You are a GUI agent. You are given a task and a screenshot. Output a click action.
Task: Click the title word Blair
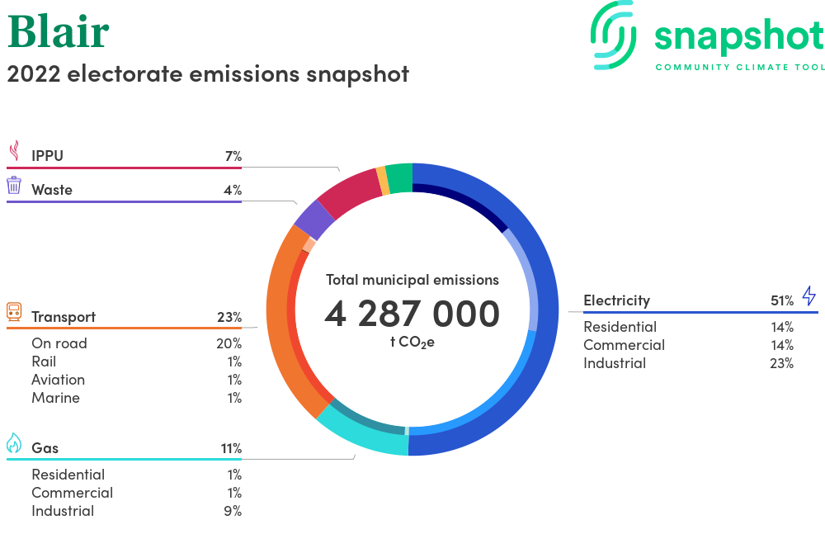coord(59,31)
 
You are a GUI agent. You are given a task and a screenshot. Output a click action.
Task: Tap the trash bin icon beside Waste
coord(14,185)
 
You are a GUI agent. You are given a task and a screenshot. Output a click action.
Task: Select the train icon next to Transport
coord(14,311)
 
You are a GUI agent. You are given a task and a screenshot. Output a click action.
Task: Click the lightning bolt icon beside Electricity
coord(809,295)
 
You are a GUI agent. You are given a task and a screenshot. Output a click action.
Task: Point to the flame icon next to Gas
coord(14,443)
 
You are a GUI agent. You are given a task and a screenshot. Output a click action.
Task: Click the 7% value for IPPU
coord(233,156)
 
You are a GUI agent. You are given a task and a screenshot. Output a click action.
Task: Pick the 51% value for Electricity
coord(782,300)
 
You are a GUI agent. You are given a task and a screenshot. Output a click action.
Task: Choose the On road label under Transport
coord(59,343)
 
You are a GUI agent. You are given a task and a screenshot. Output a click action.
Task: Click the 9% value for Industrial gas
coord(233,511)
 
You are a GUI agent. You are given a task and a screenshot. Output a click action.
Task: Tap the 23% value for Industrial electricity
coord(782,363)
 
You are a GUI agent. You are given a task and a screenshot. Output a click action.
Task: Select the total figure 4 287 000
coord(412,314)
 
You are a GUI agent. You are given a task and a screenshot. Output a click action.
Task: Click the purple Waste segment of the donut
coord(313,220)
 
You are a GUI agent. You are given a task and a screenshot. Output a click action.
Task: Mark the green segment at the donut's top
coord(399,177)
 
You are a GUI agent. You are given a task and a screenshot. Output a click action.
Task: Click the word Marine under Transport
coord(56,398)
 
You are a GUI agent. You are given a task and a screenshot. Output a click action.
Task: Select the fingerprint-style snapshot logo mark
coord(614,35)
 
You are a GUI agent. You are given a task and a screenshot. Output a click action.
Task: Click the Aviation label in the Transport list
coord(59,380)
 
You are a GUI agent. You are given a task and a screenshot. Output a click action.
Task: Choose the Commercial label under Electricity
coord(624,345)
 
